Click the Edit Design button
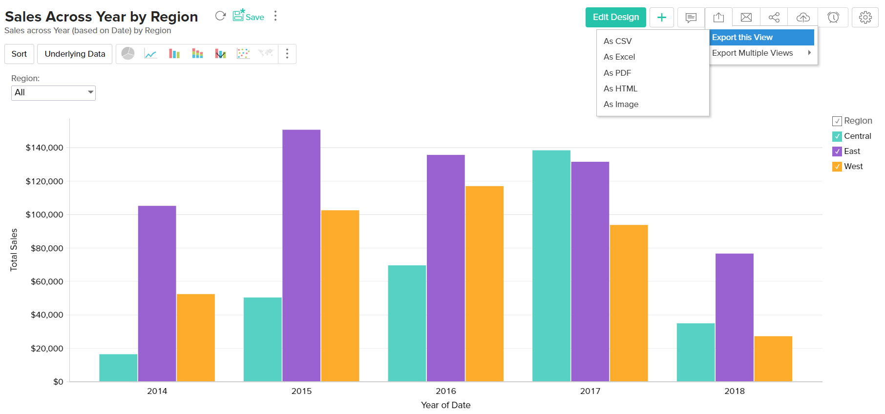click(x=615, y=17)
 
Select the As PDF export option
click(x=617, y=73)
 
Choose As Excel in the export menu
click(x=619, y=57)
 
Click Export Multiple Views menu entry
click(x=752, y=53)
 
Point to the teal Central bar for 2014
click(x=118, y=368)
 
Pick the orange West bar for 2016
click(x=485, y=283)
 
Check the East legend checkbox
click(x=837, y=152)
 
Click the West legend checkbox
click(x=837, y=167)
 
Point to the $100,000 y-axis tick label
click(x=44, y=215)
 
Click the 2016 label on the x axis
click(x=445, y=391)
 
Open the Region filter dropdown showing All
click(x=53, y=92)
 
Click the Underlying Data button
click(x=75, y=54)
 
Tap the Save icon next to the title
click(x=248, y=16)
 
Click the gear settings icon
click(x=865, y=17)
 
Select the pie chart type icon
click(x=128, y=54)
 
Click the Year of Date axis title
click(x=445, y=405)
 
